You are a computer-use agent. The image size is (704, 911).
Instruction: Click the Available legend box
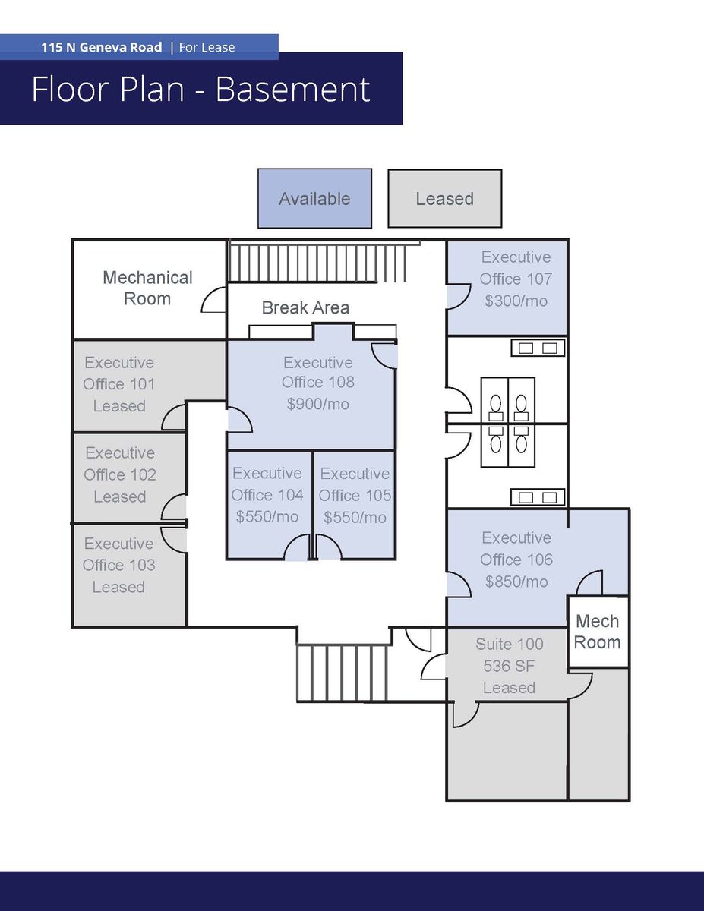pos(314,199)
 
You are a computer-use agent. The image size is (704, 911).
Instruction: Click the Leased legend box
pos(444,199)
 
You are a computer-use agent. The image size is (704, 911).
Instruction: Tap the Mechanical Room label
pos(147,288)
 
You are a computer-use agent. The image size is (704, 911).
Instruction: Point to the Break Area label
pos(305,307)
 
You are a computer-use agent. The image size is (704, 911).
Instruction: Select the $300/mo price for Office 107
pos(516,300)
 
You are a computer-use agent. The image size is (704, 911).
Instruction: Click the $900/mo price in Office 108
pos(317,404)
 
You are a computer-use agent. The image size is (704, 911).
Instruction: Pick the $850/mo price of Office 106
pos(516,582)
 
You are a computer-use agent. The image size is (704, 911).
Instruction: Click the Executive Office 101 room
pos(119,384)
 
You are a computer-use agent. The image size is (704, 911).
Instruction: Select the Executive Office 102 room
pos(120,474)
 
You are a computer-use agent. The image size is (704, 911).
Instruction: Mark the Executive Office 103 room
pos(119,566)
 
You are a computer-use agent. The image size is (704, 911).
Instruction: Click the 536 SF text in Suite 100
pos(509,666)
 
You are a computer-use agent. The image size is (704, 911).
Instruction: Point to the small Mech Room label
pos(598,632)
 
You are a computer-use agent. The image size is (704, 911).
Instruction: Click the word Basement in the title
pos(292,90)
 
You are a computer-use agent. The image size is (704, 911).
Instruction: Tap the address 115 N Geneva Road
pos(102,47)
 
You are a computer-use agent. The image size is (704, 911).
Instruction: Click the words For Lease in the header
pos(207,47)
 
